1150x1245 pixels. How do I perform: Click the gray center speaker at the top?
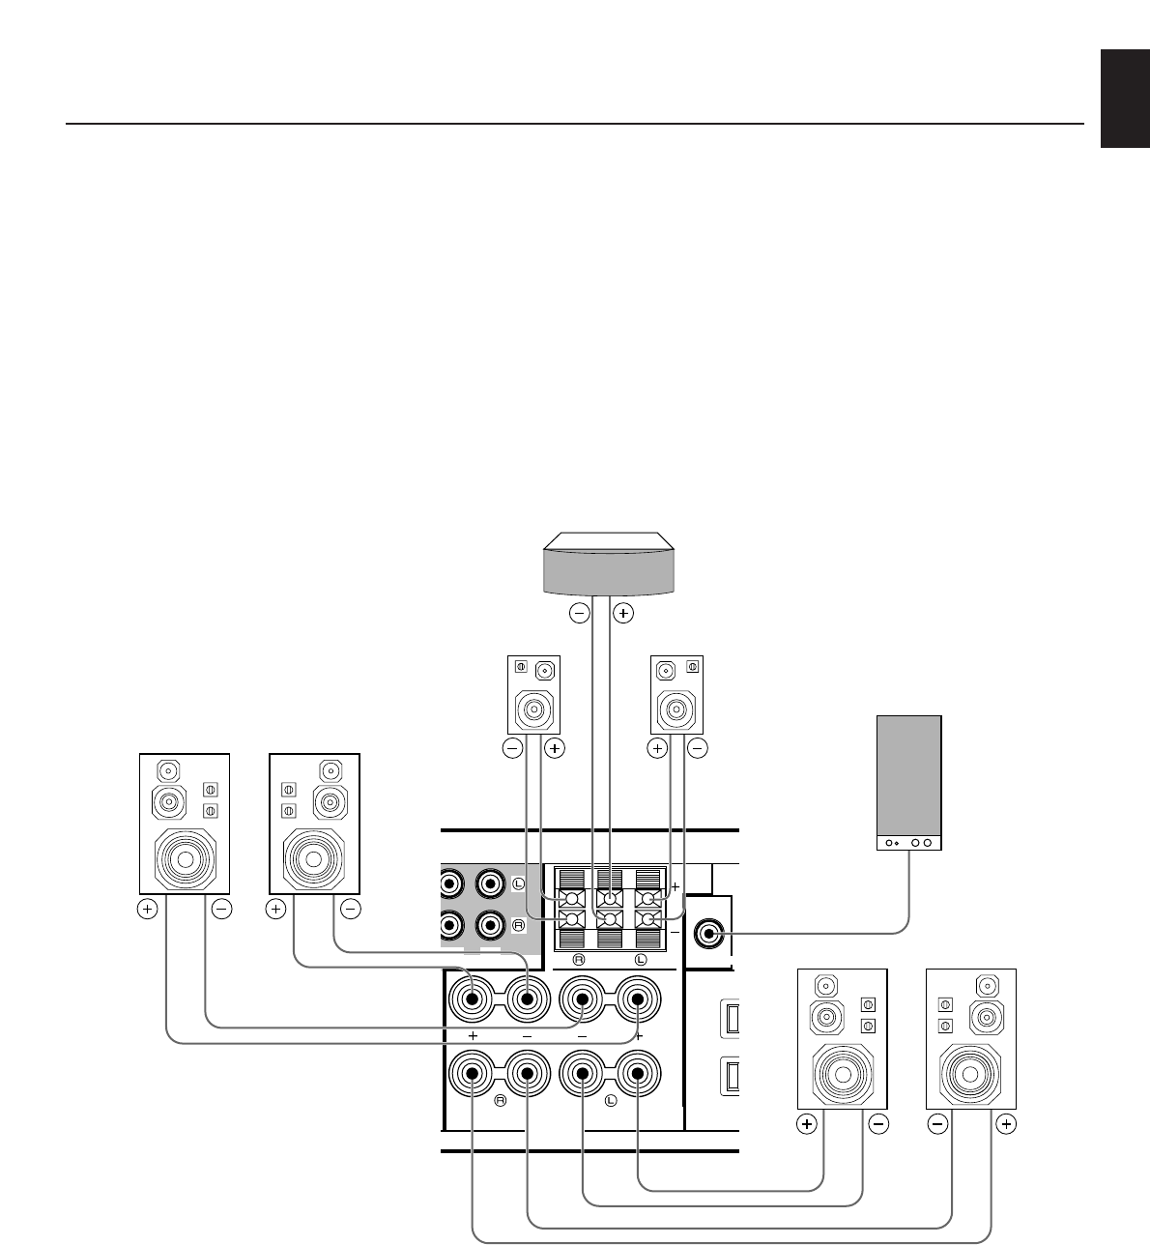(607, 571)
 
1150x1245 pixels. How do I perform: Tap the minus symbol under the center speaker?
(579, 612)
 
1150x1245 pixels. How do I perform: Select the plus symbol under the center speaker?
(624, 612)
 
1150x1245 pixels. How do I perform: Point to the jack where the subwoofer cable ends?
(711, 933)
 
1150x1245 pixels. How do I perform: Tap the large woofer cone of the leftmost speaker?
(185, 857)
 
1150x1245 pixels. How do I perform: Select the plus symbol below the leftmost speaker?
(147, 909)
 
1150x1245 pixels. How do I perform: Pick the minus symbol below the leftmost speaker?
(221, 909)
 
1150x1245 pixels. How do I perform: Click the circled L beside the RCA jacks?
(518, 883)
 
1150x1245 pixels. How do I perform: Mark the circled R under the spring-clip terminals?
(578, 959)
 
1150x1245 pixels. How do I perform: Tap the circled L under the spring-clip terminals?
(640, 959)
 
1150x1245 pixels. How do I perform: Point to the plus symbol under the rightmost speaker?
(1006, 1124)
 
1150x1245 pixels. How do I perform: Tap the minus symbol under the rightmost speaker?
(936, 1124)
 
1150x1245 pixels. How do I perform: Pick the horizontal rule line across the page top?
(574, 124)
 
